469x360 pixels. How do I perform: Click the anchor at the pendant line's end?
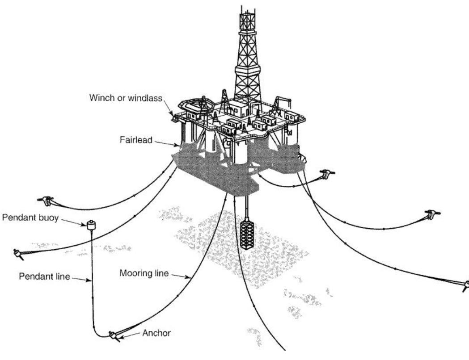pyautogui.click(x=114, y=335)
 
